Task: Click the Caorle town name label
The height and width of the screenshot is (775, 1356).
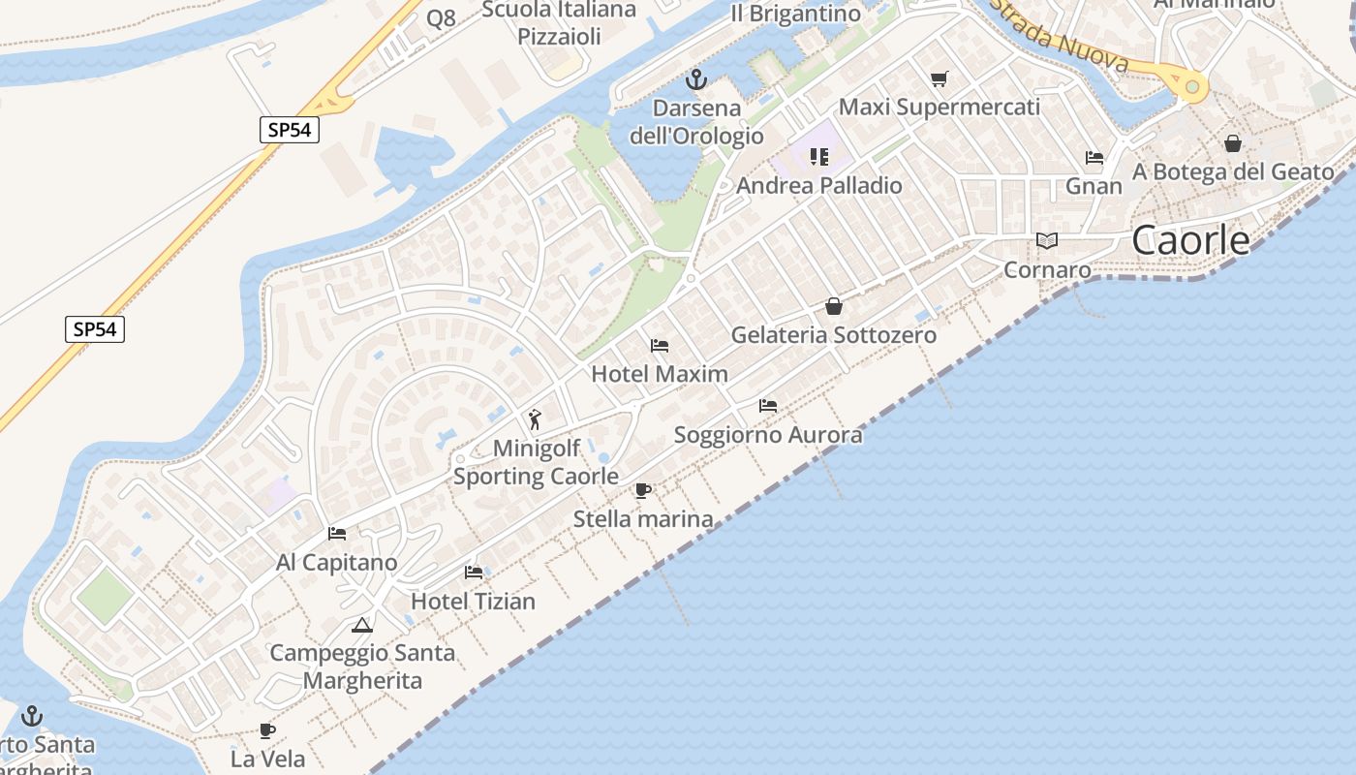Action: coord(1190,240)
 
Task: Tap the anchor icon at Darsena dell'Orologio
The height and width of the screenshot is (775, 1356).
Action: coord(695,79)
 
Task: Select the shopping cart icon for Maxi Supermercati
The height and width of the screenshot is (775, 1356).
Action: coord(939,78)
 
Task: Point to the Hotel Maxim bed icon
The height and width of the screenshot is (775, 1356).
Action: coord(660,346)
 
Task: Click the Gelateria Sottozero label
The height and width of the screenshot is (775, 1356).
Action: coord(833,335)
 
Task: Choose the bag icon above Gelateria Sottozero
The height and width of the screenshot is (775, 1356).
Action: coord(834,307)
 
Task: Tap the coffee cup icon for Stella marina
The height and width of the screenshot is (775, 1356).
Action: coord(642,490)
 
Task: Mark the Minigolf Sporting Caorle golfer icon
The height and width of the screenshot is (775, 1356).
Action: coord(535,419)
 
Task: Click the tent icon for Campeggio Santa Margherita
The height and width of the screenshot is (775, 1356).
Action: coord(362,625)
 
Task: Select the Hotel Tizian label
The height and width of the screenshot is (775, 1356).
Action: coord(473,602)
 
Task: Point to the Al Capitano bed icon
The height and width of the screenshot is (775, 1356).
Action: coord(337,534)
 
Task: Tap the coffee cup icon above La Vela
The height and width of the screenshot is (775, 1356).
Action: coord(267,730)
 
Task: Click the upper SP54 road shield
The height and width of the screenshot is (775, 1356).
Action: coord(290,129)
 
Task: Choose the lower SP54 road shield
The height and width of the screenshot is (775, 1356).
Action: coord(95,329)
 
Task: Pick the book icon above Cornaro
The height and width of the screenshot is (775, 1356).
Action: coord(1046,240)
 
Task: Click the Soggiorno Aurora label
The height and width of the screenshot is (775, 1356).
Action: coord(767,435)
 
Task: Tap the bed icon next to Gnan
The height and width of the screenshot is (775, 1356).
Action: coord(1094,158)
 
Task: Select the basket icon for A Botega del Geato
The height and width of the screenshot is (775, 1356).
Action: coord(1233,143)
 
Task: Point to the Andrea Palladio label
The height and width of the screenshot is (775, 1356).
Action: coord(819,185)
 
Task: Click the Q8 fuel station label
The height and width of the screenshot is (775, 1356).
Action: coord(441,18)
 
